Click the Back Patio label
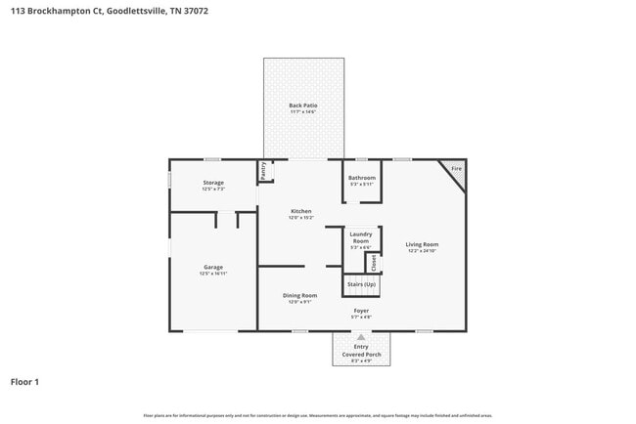coord(302,106)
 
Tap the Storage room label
coord(213,183)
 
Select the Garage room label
coord(213,267)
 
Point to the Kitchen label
coord(300,212)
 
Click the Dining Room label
coord(300,295)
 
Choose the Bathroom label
coord(362,178)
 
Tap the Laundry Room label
coord(360,237)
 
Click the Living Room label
coord(423,244)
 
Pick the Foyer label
coord(361,310)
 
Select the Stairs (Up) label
coord(361,284)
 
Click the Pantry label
coord(263,171)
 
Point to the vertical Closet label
coord(373,262)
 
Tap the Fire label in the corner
coord(455,169)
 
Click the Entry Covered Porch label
coord(361,351)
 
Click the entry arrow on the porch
coord(361,338)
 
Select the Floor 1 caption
coord(24,381)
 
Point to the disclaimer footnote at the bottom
coord(318,415)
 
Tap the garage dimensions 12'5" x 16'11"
coord(213,274)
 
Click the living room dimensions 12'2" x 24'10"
coord(423,251)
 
